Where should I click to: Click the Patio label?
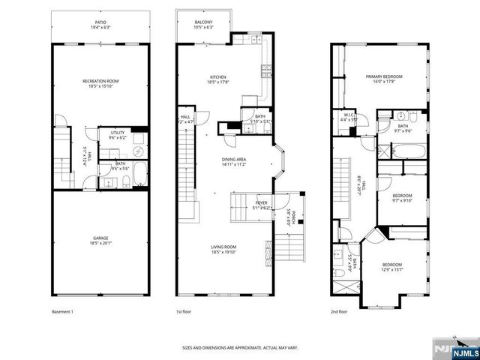[x=100, y=22]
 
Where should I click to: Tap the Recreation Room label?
[x=100, y=81]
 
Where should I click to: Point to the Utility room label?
[x=116, y=133]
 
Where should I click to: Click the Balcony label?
[x=203, y=22]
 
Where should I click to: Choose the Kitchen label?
[x=218, y=77]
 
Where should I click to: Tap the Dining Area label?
[x=234, y=160]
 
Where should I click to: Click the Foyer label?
[x=261, y=202]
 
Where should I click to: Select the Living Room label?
[x=223, y=247]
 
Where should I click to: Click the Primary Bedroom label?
[x=384, y=76]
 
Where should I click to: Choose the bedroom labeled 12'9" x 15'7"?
[x=391, y=265]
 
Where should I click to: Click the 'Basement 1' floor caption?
[x=62, y=311]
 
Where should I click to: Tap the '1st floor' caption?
[x=184, y=311]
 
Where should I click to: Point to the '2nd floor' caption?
[x=339, y=311]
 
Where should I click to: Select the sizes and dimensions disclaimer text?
[x=240, y=348]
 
